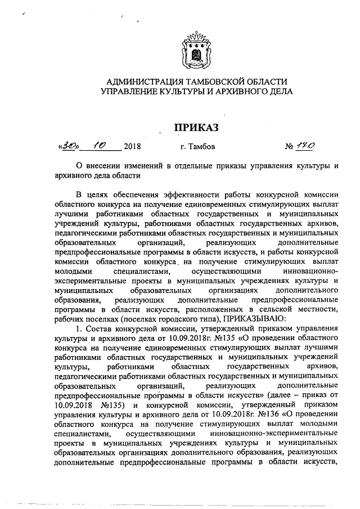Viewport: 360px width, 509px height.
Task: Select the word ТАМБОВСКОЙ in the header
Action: click(x=211, y=81)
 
